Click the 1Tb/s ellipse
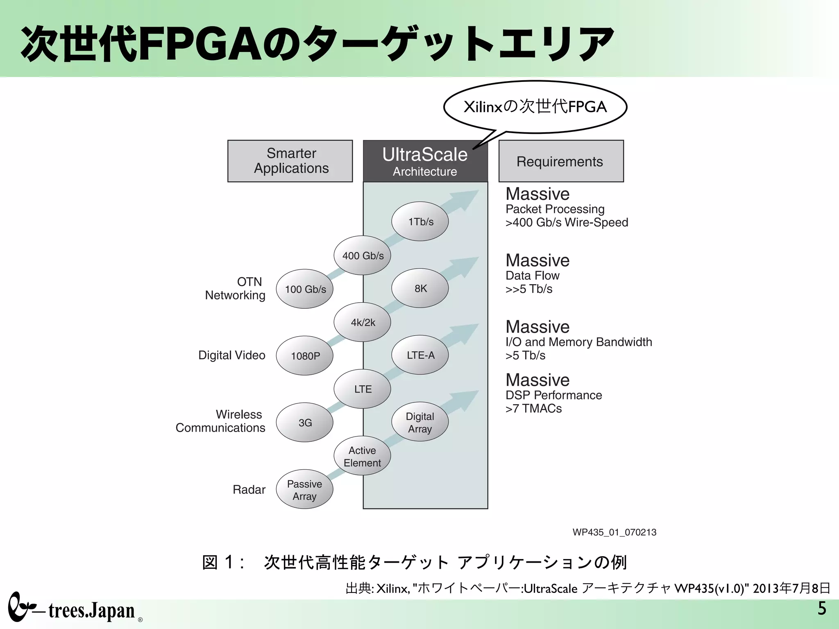420,222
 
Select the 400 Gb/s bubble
362,256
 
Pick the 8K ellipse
420,288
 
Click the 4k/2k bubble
362,322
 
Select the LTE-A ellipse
420,355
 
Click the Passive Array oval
304,489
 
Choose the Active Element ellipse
362,456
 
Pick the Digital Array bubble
420,422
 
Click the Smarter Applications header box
290,161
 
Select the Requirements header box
561,161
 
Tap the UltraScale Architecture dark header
425,161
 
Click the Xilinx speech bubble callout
535,107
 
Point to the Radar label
249,489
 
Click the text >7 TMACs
533,408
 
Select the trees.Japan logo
74,609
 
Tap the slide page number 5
821,609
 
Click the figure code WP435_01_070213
614,532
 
